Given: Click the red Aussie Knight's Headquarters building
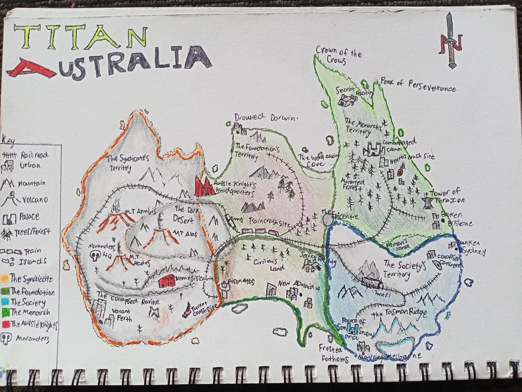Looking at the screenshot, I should pos(204,187).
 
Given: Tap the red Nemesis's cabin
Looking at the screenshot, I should pos(167,281).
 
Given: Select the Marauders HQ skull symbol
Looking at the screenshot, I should pos(95,256).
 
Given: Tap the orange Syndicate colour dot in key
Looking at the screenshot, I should pos(5,278).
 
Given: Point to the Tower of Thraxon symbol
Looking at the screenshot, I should pos(428,201).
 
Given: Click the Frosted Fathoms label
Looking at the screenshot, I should pos(334,354).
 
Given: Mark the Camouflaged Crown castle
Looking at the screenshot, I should pos(373,149).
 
